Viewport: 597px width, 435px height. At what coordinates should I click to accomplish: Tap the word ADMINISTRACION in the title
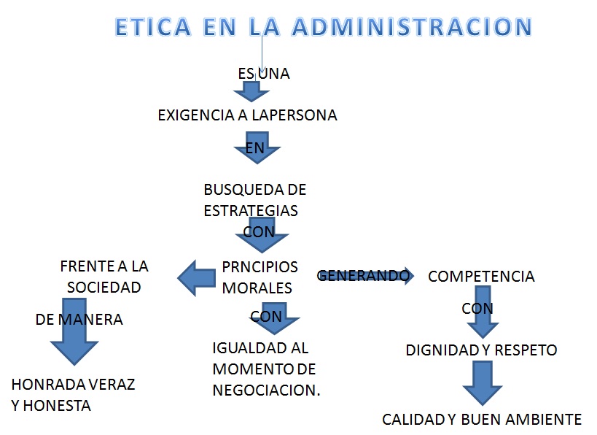point(412,27)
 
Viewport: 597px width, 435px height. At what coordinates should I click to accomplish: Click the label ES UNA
point(264,74)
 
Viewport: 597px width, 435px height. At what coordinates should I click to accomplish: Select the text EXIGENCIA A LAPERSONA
point(247,115)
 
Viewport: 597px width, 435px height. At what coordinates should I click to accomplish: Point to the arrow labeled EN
point(257,148)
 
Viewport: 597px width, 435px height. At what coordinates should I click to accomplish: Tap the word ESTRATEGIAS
point(251,210)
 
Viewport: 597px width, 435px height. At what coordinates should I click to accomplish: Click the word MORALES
point(257,288)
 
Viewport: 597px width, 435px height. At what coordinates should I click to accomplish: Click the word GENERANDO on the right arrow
point(362,276)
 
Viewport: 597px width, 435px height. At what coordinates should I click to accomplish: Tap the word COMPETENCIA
point(481,277)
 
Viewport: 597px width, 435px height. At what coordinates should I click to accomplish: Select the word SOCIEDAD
point(104,288)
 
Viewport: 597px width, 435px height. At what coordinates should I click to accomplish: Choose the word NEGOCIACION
point(266,390)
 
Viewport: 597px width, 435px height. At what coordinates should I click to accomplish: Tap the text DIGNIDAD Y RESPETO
point(481,350)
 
